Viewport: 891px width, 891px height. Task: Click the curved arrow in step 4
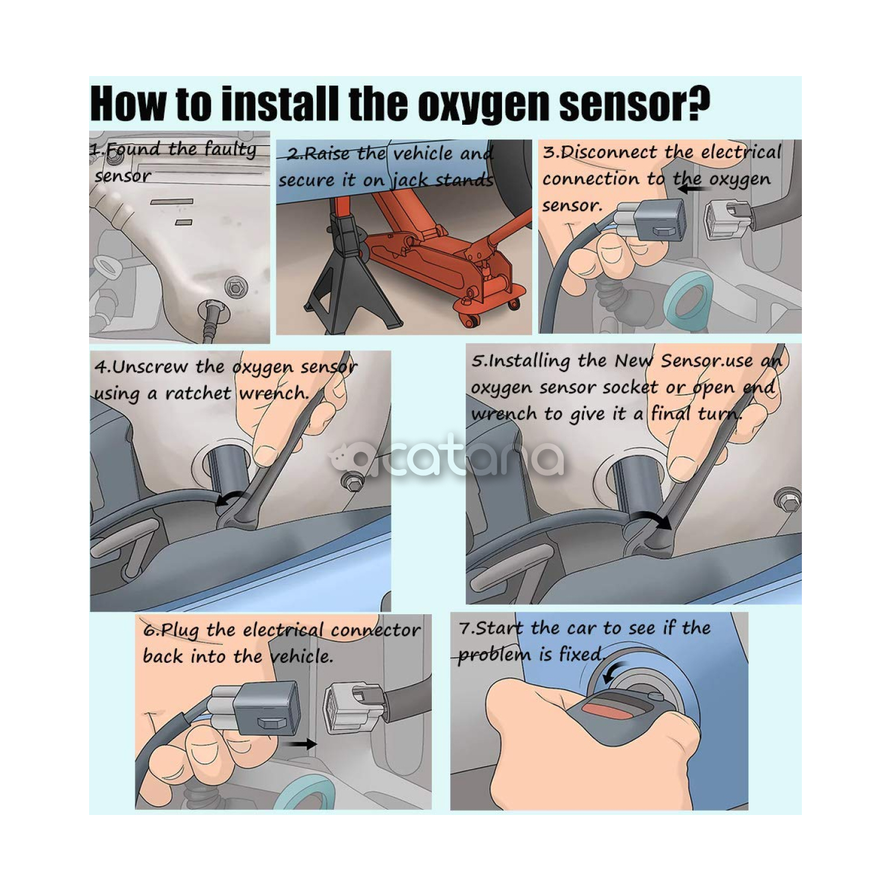pos(230,499)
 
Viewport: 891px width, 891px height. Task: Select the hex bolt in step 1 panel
pos(236,289)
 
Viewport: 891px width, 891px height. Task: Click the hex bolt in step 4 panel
pos(355,482)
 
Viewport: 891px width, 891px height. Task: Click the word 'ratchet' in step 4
pos(198,393)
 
